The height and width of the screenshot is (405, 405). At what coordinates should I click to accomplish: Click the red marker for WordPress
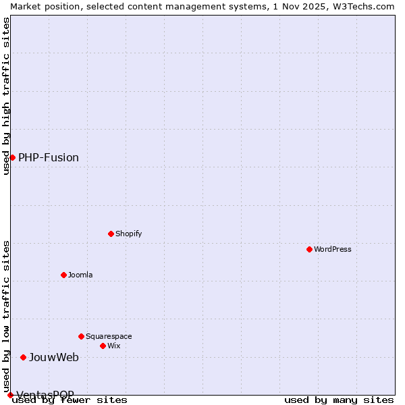tap(309, 249)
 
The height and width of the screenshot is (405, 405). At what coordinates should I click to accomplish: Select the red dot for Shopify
tap(111, 234)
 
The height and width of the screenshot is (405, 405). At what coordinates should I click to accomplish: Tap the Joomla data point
tap(63, 275)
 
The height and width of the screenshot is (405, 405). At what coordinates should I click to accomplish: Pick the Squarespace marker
tap(81, 336)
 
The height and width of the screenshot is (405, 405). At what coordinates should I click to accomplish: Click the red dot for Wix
tap(103, 346)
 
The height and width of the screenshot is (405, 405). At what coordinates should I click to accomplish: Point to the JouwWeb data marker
tap(23, 357)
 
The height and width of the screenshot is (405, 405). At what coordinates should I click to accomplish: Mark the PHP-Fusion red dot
tap(12, 157)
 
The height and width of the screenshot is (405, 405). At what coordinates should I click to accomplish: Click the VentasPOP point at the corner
tap(10, 395)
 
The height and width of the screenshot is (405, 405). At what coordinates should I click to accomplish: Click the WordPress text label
tap(333, 249)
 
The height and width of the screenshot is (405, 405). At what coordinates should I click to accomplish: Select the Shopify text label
tap(129, 234)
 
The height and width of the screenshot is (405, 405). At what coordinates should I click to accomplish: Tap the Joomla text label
tap(80, 275)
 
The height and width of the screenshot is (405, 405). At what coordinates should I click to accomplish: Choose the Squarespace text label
tap(109, 336)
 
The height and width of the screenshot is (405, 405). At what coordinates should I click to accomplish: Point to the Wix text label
tap(114, 346)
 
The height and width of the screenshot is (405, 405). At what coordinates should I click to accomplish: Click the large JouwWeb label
tap(54, 357)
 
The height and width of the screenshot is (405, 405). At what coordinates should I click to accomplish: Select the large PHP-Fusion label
tap(49, 157)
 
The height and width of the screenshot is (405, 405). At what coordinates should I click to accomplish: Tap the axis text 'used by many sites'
tap(339, 400)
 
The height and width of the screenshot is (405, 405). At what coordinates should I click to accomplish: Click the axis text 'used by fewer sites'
tap(70, 400)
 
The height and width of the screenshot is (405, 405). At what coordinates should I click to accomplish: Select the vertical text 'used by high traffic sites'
tap(6, 96)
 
